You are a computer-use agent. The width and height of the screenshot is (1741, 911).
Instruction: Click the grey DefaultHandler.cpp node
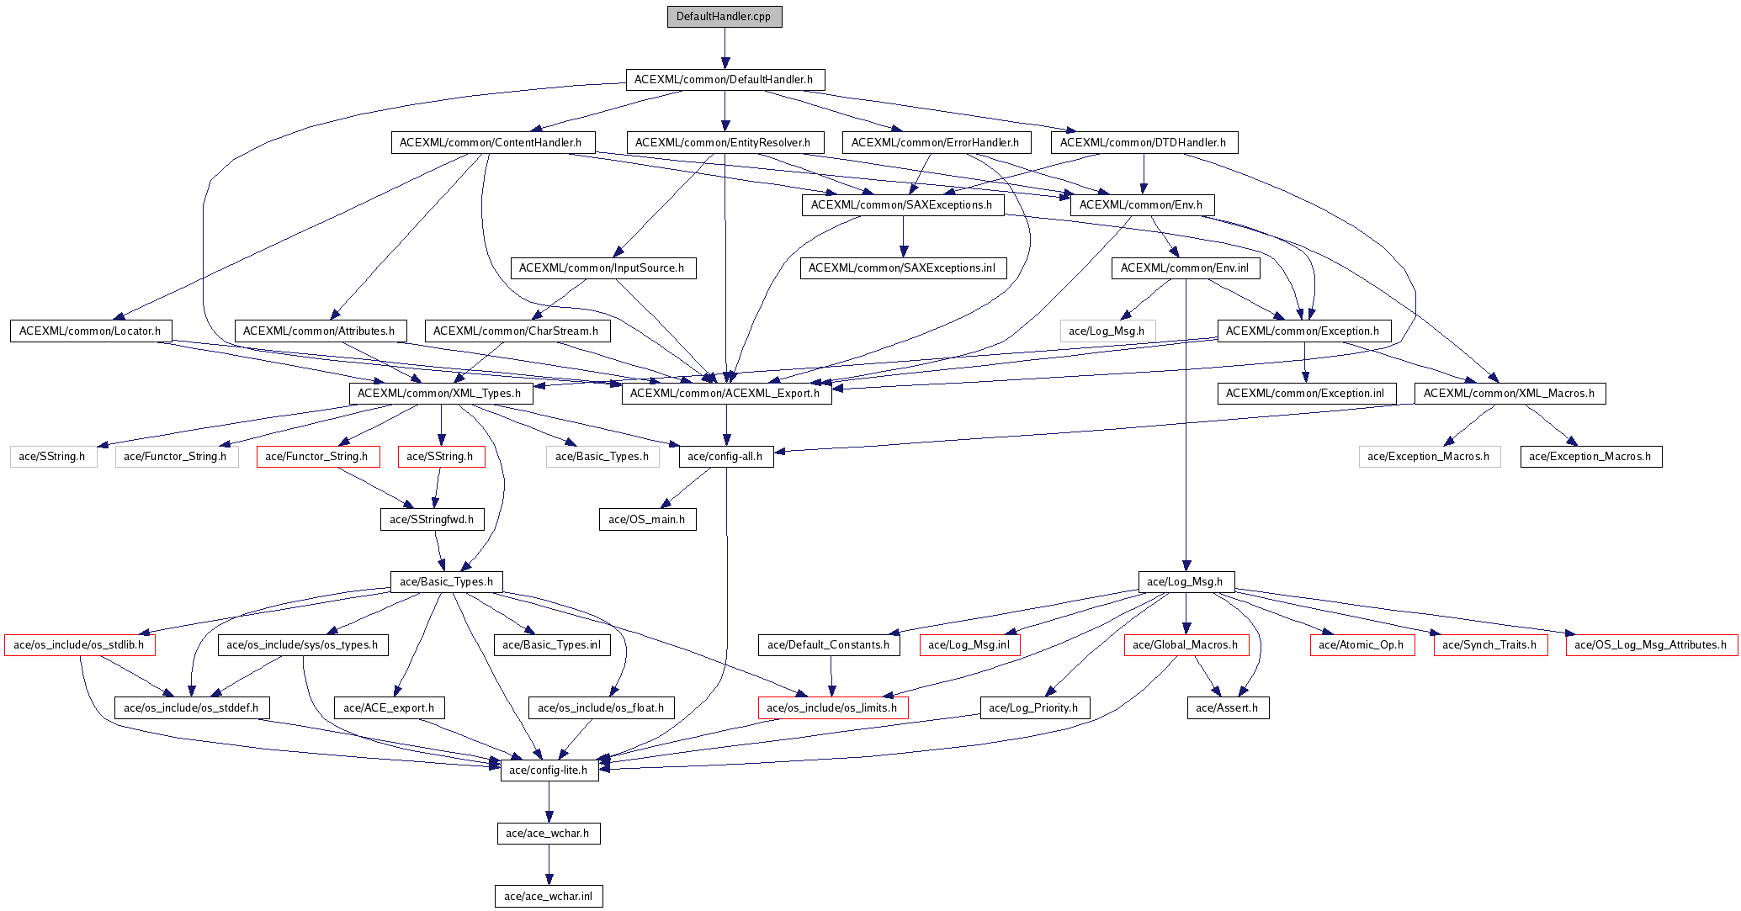tap(725, 17)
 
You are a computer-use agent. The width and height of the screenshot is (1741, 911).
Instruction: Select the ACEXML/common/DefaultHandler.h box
tap(725, 80)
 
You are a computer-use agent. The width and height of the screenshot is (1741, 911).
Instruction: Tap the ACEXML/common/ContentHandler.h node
tap(492, 143)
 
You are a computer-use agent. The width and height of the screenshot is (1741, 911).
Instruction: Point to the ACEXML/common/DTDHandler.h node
tap(1144, 143)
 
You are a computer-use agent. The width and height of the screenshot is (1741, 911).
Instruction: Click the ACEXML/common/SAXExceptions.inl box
tap(903, 268)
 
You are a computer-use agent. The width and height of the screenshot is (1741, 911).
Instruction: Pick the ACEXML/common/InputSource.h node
tap(603, 268)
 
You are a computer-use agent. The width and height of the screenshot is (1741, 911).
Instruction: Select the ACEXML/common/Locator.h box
tap(91, 331)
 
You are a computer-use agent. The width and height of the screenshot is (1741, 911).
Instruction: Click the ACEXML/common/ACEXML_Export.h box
tap(726, 394)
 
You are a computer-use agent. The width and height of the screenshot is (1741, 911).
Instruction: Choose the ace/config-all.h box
tap(726, 457)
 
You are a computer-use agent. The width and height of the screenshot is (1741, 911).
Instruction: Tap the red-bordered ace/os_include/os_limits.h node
tap(833, 708)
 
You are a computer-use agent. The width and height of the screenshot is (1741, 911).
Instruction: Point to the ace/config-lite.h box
tap(549, 771)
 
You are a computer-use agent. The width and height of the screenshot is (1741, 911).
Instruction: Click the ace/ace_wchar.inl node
tap(549, 897)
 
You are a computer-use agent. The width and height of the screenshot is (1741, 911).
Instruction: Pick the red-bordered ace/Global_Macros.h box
tap(1186, 645)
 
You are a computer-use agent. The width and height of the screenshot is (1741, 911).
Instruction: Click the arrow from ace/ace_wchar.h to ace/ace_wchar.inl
tap(549, 865)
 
